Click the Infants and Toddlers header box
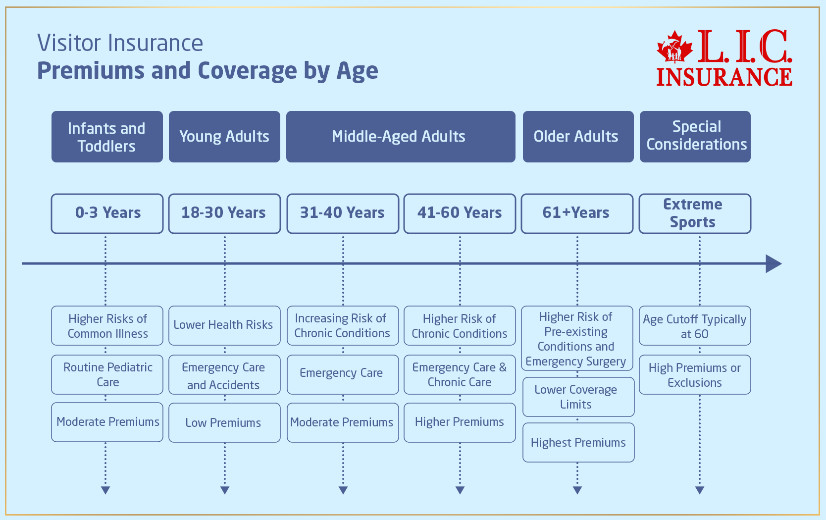coord(107,137)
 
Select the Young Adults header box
coord(224,137)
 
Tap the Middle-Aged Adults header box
coord(401,137)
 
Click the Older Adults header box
coord(578,137)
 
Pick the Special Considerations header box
coord(695,137)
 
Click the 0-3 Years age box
coord(107,213)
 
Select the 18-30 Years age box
coord(224,213)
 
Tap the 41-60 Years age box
coord(460,213)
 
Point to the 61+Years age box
coord(577,213)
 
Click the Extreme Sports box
coord(695,213)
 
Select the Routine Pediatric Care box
coord(107,374)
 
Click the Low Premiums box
coord(224,422)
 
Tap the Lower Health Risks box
coord(224,325)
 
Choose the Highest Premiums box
coord(578,442)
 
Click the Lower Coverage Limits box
coord(578,397)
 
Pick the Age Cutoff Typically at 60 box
coord(695,326)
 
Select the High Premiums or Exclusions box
coord(695,374)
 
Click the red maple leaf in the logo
coord(674,49)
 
